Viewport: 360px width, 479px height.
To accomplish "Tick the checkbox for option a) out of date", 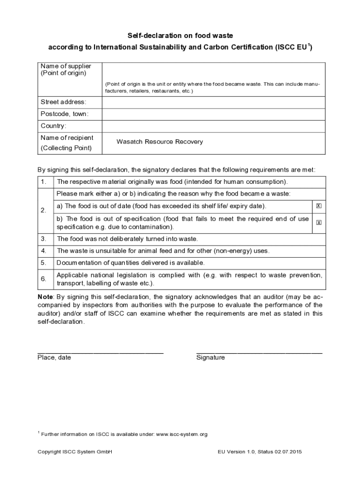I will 319,206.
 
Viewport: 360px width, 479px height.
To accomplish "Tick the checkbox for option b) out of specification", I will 319,223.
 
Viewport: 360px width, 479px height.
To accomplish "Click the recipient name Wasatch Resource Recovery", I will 159,142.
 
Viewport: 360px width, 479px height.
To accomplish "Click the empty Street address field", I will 213,102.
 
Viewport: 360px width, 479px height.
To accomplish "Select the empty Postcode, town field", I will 213,115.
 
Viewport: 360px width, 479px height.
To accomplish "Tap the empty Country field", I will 213,126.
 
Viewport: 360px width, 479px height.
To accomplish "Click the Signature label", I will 210,358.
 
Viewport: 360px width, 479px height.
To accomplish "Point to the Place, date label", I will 54,358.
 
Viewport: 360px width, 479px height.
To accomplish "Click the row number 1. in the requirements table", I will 43,181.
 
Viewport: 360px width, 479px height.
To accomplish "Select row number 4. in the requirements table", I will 43,251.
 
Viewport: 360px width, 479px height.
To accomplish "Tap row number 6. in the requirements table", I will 43,279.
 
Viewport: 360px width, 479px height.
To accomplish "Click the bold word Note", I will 45,297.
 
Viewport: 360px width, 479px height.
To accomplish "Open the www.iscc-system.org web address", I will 181,435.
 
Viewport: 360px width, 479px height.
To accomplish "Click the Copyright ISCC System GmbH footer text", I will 75,452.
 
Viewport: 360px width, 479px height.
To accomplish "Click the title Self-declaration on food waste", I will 180,36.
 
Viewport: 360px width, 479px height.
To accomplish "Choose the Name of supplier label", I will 66,66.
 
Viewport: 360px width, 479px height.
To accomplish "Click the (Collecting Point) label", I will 66,148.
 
